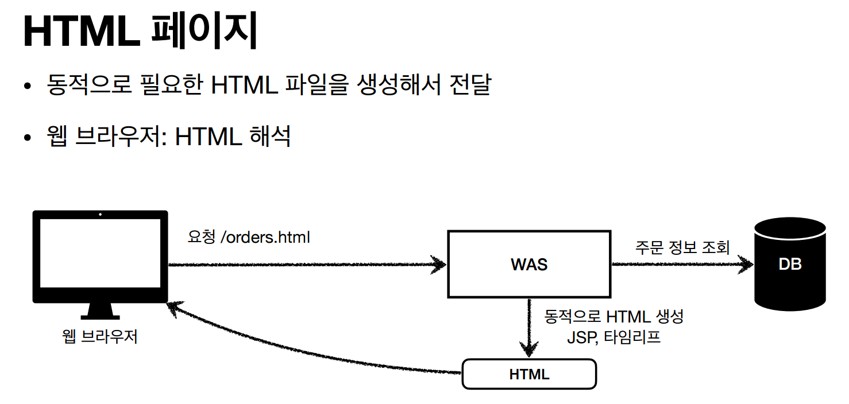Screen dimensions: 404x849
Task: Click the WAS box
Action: click(528, 265)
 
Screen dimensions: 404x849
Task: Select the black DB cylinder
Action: click(790, 265)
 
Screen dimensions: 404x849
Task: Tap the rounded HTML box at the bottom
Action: click(529, 374)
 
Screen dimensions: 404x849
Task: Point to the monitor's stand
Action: click(101, 312)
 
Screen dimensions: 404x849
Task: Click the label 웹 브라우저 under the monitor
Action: click(100, 336)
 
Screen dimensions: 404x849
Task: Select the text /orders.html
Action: click(265, 237)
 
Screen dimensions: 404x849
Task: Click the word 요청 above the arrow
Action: click(201, 237)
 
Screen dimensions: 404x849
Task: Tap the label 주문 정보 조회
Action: click(682, 247)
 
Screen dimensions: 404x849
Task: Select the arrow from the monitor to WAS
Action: click(304, 265)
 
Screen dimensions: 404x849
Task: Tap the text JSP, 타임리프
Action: click(613, 337)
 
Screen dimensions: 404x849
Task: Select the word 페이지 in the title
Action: click(203, 32)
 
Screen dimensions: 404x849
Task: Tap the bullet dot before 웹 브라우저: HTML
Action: click(27, 138)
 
